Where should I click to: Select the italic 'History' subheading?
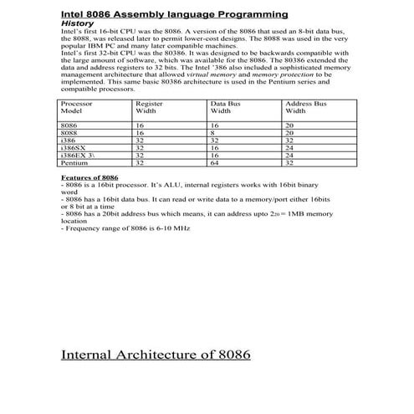[77, 24]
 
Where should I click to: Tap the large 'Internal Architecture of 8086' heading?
[156, 354]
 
